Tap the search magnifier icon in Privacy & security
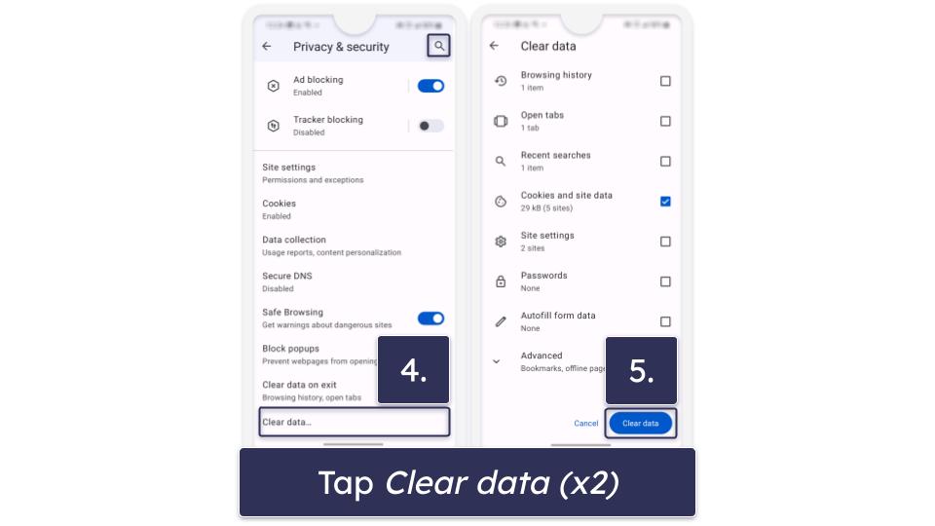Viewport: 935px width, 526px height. coord(439,46)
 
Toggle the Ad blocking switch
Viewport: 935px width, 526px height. coord(430,86)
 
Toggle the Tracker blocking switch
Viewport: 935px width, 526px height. coord(430,126)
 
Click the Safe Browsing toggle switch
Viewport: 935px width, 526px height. coord(430,319)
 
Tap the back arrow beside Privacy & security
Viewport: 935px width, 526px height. coord(267,46)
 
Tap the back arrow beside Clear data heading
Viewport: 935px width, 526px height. coord(494,46)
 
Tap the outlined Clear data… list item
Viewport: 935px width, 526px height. coord(354,422)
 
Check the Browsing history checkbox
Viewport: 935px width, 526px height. coord(665,81)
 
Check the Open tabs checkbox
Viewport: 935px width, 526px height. coord(665,121)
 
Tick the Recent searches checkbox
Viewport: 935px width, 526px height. coord(665,161)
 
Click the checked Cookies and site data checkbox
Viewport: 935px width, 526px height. coord(665,202)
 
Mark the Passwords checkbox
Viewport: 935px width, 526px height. coord(665,282)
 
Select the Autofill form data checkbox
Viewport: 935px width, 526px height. coord(665,321)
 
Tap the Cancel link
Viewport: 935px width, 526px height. coord(586,423)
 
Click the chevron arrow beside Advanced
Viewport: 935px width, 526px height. coord(497,361)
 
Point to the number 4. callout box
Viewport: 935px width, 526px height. coord(414,370)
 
